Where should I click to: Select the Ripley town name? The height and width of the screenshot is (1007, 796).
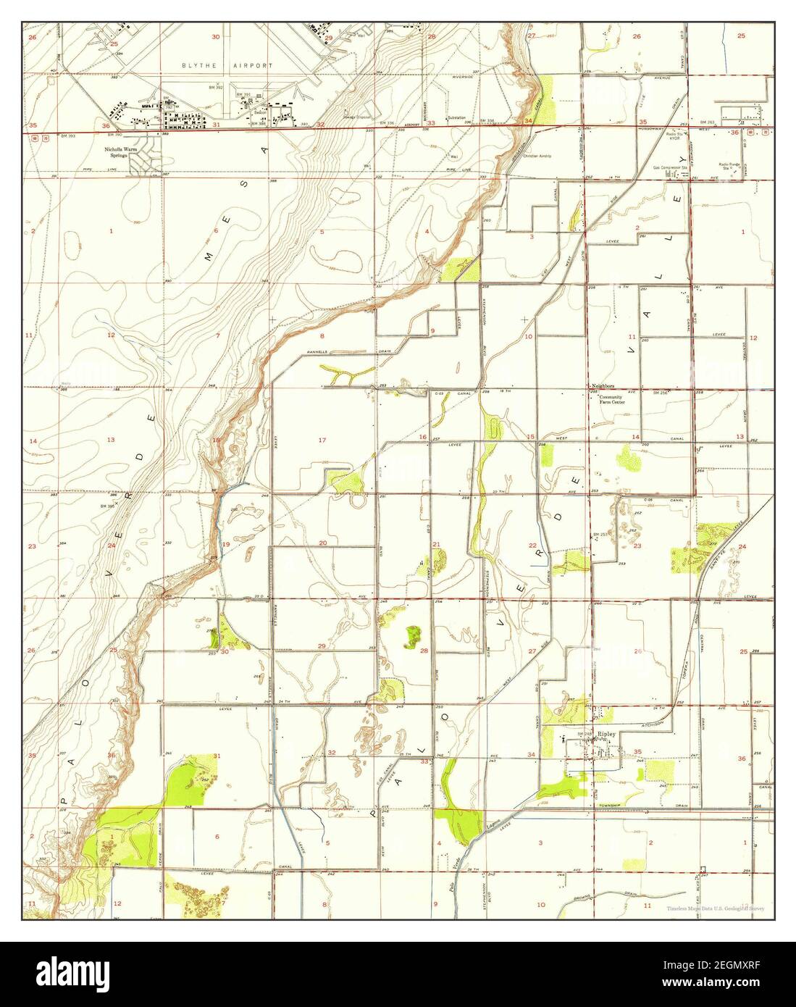click(x=606, y=733)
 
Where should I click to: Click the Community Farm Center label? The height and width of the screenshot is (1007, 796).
click(x=614, y=401)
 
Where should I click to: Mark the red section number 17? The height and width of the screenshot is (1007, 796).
click(x=322, y=440)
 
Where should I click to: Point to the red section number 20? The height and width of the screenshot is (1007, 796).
click(x=323, y=543)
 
